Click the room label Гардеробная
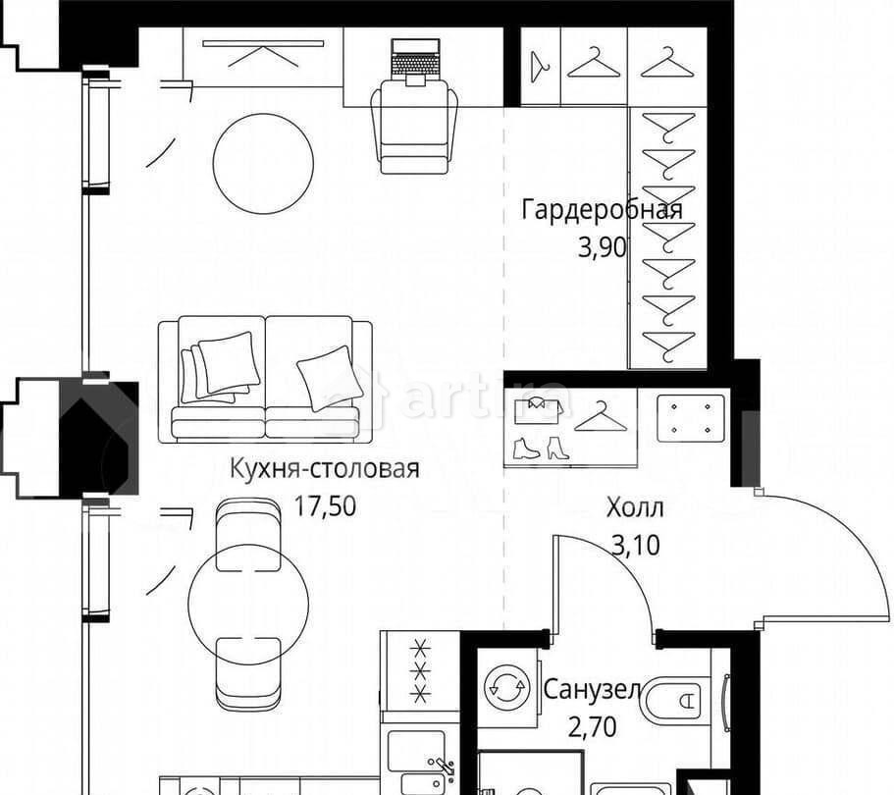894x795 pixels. [602, 210]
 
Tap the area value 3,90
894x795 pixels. [603, 247]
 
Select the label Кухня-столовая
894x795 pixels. [325, 469]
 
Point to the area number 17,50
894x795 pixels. [325, 505]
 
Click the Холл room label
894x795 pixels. [635, 507]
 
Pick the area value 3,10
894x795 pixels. [636, 545]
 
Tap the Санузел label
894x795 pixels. [592, 690]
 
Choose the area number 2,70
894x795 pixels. [593, 727]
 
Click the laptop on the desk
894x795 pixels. [416, 62]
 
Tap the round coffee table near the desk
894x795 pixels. [263, 163]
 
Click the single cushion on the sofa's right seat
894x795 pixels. [331, 379]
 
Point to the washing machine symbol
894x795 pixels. [505, 688]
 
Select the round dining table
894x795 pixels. [248, 603]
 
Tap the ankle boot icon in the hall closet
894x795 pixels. [526, 449]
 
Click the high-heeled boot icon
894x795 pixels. [557, 449]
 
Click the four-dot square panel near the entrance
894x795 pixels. [691, 419]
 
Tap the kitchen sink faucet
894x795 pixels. [443, 768]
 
